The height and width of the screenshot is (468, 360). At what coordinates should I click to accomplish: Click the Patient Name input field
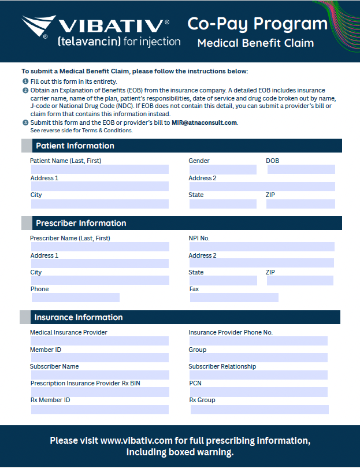pos(99,169)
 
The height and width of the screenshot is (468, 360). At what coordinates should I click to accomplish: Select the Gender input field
pos(222,169)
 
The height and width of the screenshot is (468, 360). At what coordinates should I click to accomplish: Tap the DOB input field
pos(300,169)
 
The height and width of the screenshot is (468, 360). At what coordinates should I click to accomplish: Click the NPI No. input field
pos(262,247)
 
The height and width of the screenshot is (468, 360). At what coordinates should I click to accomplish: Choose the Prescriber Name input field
pos(100,247)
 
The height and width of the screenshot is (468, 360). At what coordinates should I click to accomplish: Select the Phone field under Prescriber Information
pos(75,298)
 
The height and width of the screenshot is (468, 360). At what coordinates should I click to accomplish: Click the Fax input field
pos(234,298)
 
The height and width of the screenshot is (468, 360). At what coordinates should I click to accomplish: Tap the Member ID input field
pos(99,358)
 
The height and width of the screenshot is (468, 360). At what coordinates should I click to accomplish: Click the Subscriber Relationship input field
pos(258,375)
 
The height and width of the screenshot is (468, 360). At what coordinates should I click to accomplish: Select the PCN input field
pos(258,392)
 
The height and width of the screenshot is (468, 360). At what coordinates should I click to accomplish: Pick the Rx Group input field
pos(259,409)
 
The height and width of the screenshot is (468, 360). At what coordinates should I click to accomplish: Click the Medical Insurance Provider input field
pos(99,341)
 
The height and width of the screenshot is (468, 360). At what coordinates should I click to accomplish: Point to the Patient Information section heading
pos(75,146)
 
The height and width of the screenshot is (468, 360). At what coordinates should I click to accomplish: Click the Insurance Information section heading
pos(79,317)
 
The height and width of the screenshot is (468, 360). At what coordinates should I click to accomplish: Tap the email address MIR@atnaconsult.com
pos(205,122)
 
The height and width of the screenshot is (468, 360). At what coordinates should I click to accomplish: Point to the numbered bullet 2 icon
pos(25,91)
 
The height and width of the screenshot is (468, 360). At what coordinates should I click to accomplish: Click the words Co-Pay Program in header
pos(257,24)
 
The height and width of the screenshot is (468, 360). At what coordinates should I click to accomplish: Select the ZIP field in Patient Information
pos(300,204)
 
